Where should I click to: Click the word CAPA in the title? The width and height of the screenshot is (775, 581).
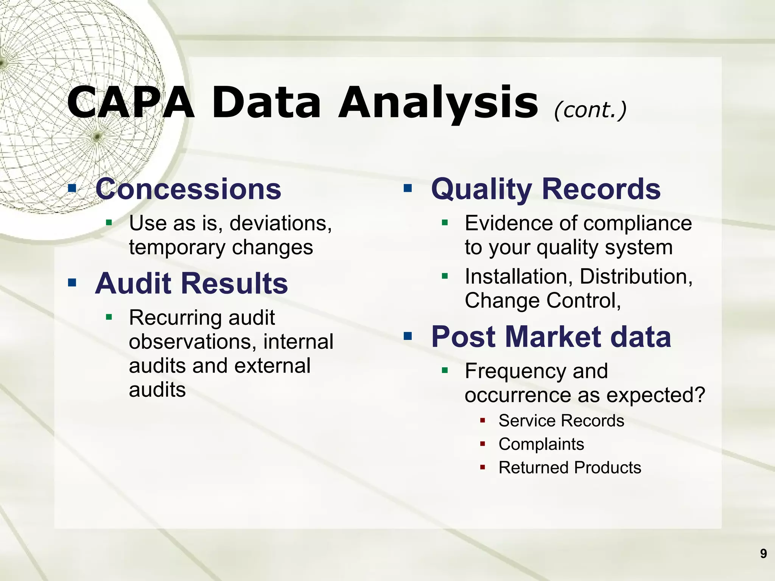[x=131, y=103]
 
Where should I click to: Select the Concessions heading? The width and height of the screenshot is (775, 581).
[x=188, y=189]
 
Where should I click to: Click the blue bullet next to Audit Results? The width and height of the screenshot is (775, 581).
[x=72, y=283]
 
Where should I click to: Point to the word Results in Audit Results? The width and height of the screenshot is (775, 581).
[x=235, y=283]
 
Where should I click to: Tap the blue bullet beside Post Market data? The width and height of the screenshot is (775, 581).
[x=408, y=336]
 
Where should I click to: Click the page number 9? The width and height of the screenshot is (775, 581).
[x=763, y=553]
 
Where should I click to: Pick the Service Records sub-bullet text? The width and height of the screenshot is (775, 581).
[x=561, y=421]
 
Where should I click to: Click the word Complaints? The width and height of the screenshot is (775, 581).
[x=541, y=444]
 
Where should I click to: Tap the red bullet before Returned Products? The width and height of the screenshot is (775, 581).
[x=482, y=467]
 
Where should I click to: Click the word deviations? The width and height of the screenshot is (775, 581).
[x=280, y=223]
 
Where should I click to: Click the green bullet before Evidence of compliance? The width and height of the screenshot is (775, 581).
[x=445, y=222]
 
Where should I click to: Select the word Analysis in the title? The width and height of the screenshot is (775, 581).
[x=438, y=103]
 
